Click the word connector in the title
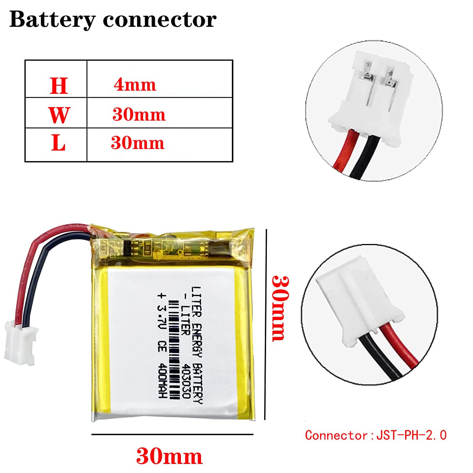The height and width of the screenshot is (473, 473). point(160,20)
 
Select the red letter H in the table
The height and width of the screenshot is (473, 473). point(59,86)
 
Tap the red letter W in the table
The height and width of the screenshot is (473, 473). point(59,115)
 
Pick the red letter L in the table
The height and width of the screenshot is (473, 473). point(58,143)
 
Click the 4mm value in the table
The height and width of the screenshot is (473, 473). point(135,85)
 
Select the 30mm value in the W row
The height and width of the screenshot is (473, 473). point(139,115)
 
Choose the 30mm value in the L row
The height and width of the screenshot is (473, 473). point(138,143)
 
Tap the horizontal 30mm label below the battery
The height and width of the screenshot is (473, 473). point(169,456)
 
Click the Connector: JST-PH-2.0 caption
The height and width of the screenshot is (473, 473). point(376,435)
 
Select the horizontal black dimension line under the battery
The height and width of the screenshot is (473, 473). point(172,434)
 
